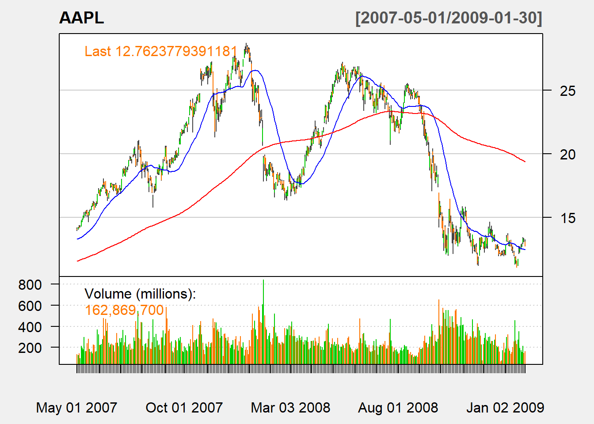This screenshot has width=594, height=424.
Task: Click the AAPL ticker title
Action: pos(82,18)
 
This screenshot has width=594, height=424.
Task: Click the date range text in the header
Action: pos(449,18)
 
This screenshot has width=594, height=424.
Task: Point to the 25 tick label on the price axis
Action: pos(567,91)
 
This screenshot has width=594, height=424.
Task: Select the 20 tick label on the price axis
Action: pos(567,155)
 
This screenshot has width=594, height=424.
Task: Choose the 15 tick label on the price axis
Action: pos(567,218)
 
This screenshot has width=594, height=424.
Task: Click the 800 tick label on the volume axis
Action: pos(30,285)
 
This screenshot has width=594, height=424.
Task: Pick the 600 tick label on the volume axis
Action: pos(30,306)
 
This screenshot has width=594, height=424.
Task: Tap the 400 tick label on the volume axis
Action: pos(30,327)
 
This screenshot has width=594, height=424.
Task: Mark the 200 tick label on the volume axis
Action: pos(30,348)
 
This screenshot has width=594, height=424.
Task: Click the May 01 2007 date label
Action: pos(76,407)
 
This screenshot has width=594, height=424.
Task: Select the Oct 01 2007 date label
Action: pos(184,407)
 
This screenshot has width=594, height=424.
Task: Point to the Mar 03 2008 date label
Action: pos(290,407)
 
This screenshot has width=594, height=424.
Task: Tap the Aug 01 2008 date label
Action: pos(398,407)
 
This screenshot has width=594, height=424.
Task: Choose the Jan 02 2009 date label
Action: pos(505,407)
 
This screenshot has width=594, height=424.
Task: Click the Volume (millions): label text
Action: pos(140,294)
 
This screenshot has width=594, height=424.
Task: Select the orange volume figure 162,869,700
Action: pos(124,310)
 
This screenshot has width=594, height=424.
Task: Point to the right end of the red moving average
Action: pos(525,162)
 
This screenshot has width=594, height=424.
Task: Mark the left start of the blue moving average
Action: pos(77,239)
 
